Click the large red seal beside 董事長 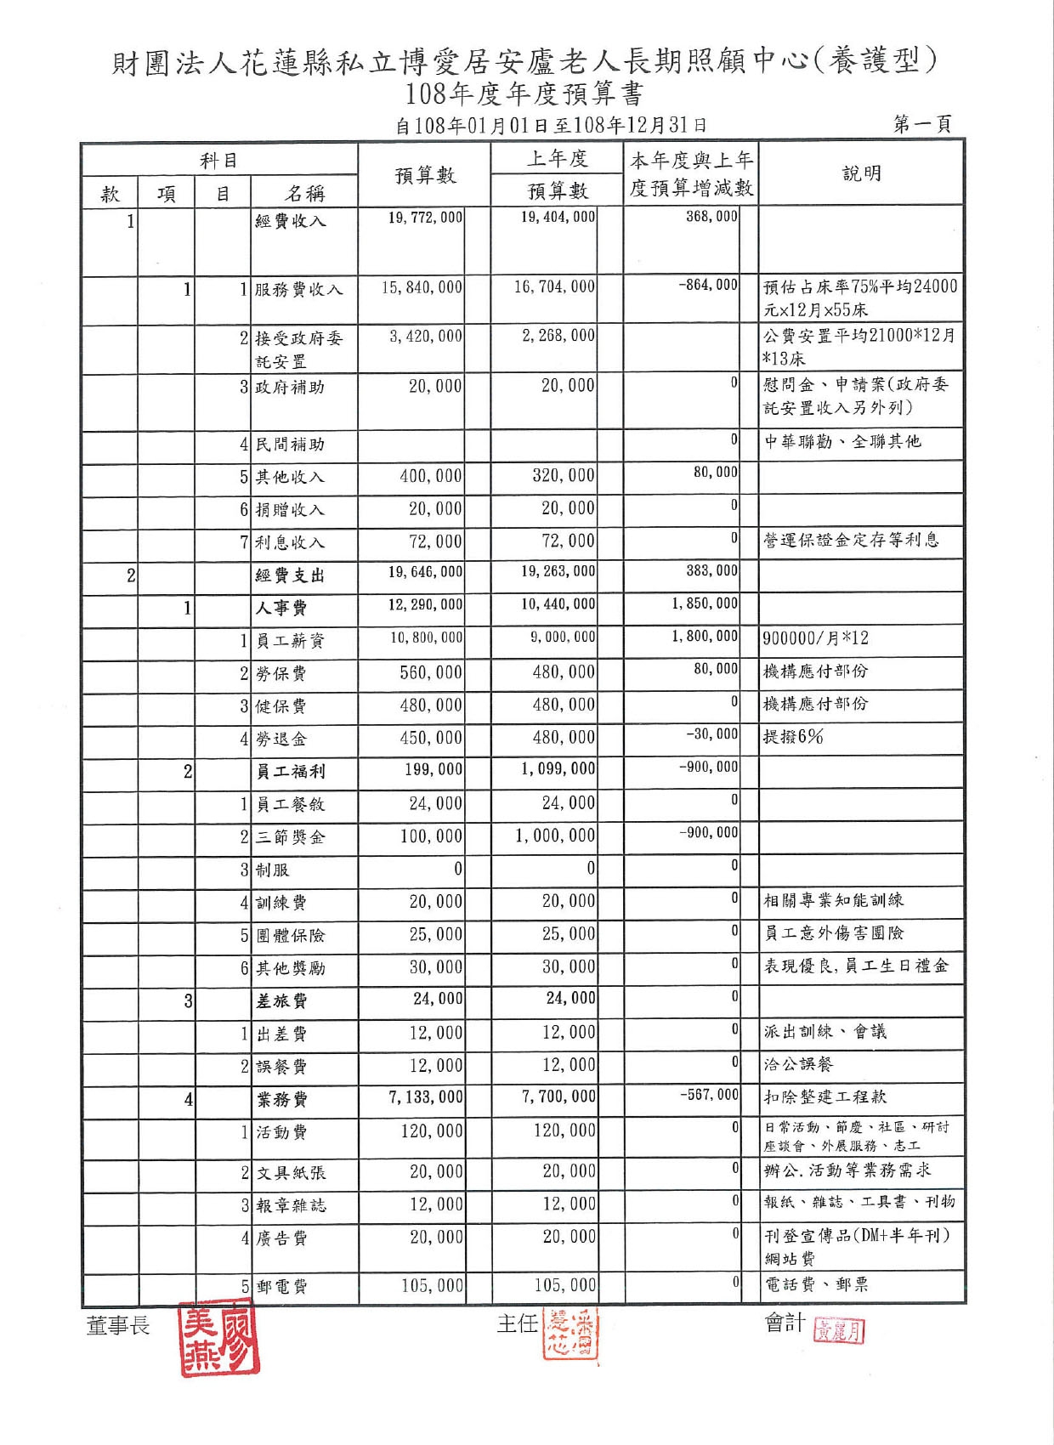218,1338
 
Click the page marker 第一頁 922,125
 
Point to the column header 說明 861,173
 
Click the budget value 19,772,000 425,218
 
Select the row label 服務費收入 298,290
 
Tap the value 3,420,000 426,337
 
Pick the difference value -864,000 708,285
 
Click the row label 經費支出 290,575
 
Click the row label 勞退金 280,739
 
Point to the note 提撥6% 792,737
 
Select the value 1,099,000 558,769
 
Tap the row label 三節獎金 291,837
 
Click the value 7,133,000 426,1097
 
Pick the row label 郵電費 281,1287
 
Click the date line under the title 551,126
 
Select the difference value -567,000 709,1096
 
